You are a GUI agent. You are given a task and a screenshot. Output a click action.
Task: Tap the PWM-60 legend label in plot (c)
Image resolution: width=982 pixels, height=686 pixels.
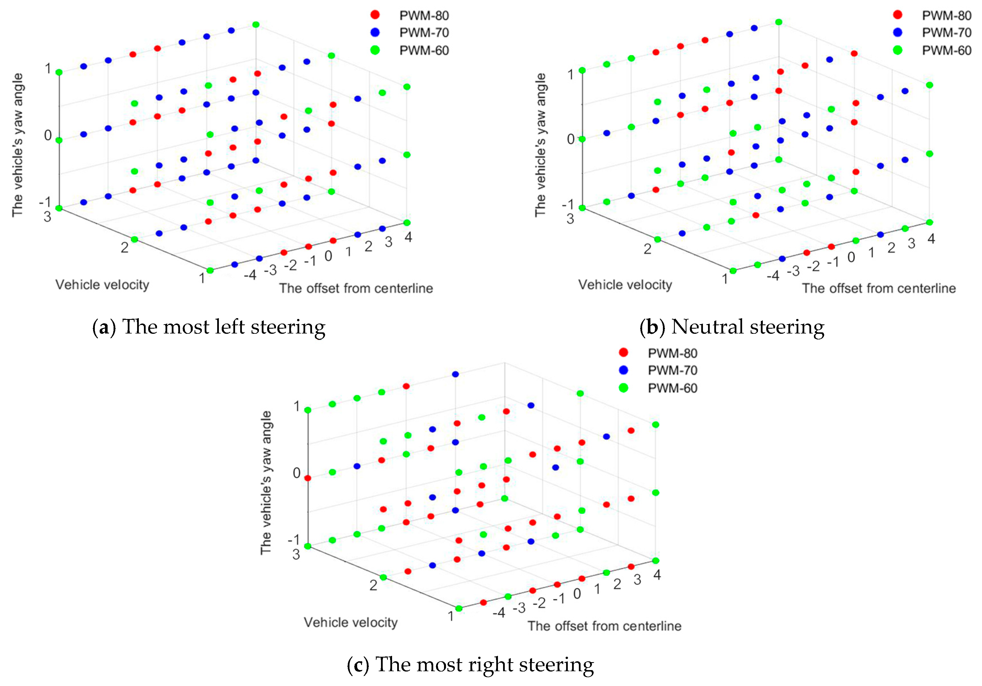tap(672, 388)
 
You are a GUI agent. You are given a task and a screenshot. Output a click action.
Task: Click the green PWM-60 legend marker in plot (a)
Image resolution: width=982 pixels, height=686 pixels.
tap(375, 50)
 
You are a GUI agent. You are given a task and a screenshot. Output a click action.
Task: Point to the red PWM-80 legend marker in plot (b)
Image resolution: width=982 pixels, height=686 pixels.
tap(897, 15)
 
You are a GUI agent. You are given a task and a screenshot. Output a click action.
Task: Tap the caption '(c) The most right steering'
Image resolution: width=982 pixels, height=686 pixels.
tap(470, 665)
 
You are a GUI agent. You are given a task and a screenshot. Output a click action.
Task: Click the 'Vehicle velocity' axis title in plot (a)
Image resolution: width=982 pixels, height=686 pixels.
tap(102, 285)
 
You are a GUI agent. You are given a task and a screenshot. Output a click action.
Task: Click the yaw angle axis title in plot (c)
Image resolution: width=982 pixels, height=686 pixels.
tap(266, 482)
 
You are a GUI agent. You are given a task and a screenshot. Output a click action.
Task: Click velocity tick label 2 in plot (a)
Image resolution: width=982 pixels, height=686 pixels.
tap(124, 247)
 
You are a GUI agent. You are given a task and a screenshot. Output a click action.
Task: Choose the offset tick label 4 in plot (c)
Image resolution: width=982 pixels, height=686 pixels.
tap(657, 575)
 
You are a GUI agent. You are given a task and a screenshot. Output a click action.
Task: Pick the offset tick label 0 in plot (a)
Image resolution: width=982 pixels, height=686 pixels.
tap(328, 256)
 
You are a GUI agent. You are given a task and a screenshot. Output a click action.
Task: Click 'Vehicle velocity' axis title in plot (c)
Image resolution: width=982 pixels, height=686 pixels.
tap(351, 622)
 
